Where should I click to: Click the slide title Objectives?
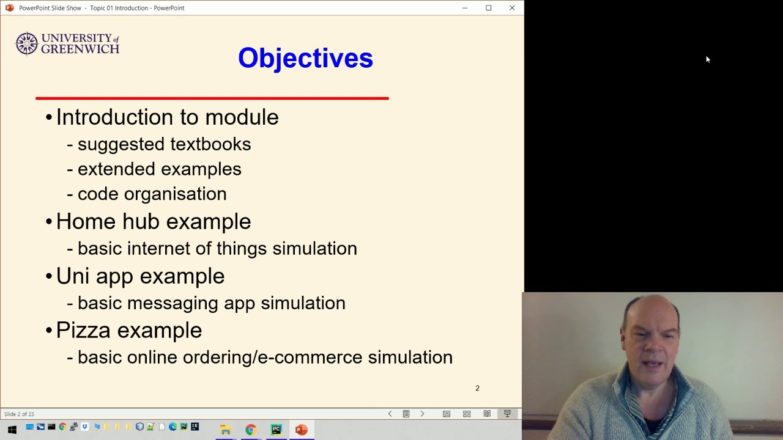tap(305, 58)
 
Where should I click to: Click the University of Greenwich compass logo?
tap(26, 44)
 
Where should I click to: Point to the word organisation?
tap(175, 194)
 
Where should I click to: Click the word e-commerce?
tap(310, 358)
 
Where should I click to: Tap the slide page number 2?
tap(477, 388)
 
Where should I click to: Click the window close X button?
tap(512, 8)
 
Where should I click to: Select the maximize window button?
tap(488, 8)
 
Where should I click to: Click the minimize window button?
tap(465, 8)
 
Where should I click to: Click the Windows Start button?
tap(12, 430)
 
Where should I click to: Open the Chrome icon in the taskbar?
tap(250, 430)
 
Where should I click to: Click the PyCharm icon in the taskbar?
tap(276, 430)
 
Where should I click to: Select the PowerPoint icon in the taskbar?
tap(301, 430)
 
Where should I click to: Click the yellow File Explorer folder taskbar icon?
tap(225, 430)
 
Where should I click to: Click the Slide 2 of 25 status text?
tap(19, 414)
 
